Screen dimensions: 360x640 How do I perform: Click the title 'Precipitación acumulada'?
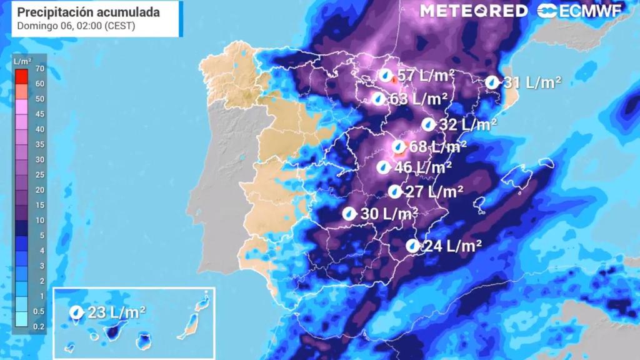tap(88, 12)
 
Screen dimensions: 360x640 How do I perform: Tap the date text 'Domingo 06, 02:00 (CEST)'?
tap(76, 26)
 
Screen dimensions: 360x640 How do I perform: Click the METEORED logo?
tap(474, 11)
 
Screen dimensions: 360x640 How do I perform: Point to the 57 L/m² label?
tap(425, 76)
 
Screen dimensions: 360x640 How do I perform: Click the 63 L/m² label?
tap(418, 99)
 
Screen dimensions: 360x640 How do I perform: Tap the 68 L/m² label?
tap(437, 147)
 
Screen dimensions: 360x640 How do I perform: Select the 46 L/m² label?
tap(423, 167)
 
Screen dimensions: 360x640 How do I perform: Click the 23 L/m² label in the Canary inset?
tap(117, 312)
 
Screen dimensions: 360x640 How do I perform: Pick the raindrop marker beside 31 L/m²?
tap(492, 82)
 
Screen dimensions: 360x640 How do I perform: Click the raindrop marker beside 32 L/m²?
tap(428, 124)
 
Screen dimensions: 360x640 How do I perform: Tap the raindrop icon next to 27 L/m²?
tap(394, 191)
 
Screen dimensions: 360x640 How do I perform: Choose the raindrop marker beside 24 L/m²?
tap(412, 246)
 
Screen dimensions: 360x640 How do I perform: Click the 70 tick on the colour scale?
tap(39, 69)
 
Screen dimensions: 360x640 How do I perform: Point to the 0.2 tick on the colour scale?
tap(39, 327)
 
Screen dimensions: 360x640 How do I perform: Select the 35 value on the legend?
tap(39, 144)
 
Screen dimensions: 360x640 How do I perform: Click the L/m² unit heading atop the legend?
tap(22, 61)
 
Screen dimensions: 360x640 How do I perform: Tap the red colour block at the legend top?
tap(21, 76)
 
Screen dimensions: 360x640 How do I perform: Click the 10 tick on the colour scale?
tap(39, 220)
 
